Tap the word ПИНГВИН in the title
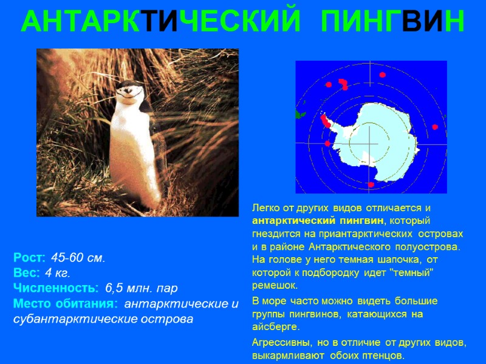392,22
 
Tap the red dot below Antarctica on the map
371,184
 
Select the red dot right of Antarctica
435,127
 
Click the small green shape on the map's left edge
299,114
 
